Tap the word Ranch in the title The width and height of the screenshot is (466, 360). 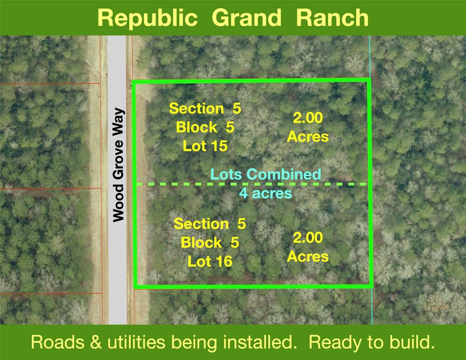[x=332, y=18]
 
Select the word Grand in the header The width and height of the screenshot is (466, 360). [x=246, y=18]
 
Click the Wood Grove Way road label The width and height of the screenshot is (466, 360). [x=119, y=165]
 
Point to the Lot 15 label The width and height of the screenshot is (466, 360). [x=205, y=146]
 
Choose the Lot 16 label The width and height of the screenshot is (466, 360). [x=210, y=261]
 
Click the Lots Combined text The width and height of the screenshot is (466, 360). [x=266, y=174]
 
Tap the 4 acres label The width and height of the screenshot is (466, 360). [x=265, y=193]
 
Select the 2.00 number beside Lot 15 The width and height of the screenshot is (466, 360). [x=308, y=118]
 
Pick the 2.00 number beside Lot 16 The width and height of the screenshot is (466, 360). [x=308, y=238]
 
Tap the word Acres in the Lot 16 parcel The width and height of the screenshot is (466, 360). [x=308, y=257]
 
